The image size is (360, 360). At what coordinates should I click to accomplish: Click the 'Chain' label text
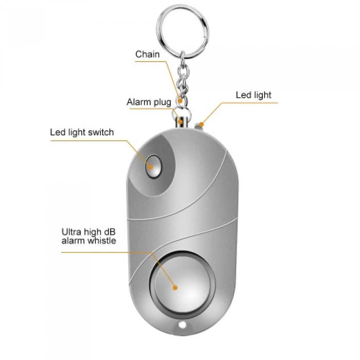pyautogui.click(x=148, y=55)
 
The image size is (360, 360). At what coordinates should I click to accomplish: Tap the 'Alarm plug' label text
pyautogui.click(x=149, y=102)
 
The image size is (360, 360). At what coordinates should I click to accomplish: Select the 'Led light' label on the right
pyautogui.click(x=254, y=95)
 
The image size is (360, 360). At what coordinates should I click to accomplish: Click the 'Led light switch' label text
pyautogui.click(x=82, y=133)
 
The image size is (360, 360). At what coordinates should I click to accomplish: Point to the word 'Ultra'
pyautogui.click(x=71, y=232)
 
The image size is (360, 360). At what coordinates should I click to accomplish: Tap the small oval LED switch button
pyautogui.click(x=154, y=167)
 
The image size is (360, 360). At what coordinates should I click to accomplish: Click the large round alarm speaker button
pyautogui.click(x=183, y=285)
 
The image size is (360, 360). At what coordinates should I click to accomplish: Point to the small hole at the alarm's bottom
pyautogui.click(x=183, y=325)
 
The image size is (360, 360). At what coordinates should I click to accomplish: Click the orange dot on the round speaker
pyautogui.click(x=175, y=287)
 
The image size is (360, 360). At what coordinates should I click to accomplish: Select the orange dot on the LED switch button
pyautogui.click(x=151, y=167)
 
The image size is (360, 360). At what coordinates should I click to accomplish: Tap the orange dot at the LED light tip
pyautogui.click(x=201, y=124)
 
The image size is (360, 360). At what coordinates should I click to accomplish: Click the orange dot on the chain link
pyautogui.click(x=181, y=101)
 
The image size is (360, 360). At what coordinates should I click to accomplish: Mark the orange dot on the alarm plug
pyautogui.click(x=181, y=121)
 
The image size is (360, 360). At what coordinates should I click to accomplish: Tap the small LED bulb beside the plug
pyautogui.click(x=199, y=126)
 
